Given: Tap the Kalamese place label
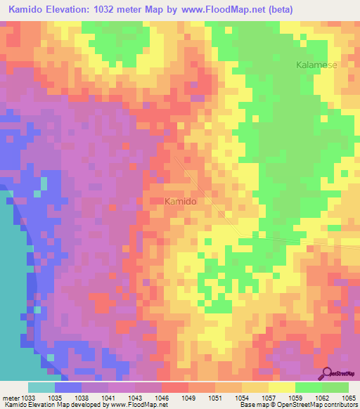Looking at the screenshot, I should click(x=316, y=65).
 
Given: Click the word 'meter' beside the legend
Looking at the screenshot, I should click(x=12, y=398).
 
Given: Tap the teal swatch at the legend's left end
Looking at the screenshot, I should click(x=41, y=387).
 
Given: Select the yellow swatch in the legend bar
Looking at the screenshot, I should click(x=281, y=387).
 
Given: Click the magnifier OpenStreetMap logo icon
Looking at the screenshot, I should click(x=328, y=375).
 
